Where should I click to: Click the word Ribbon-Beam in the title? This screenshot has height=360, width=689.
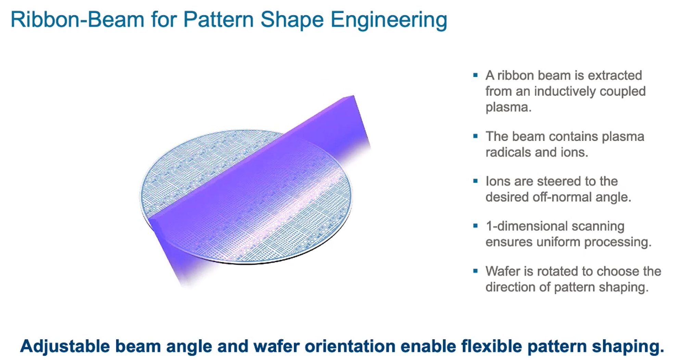point(77,20)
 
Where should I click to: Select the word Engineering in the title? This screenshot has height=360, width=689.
point(389,20)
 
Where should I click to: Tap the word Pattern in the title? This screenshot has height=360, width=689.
point(218,20)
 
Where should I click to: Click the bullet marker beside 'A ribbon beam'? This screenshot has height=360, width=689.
point(475,75)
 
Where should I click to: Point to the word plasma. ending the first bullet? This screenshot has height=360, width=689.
point(508,107)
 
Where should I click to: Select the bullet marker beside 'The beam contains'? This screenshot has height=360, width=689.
point(475,136)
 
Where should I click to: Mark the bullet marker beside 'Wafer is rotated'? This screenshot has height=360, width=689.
point(475,271)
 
